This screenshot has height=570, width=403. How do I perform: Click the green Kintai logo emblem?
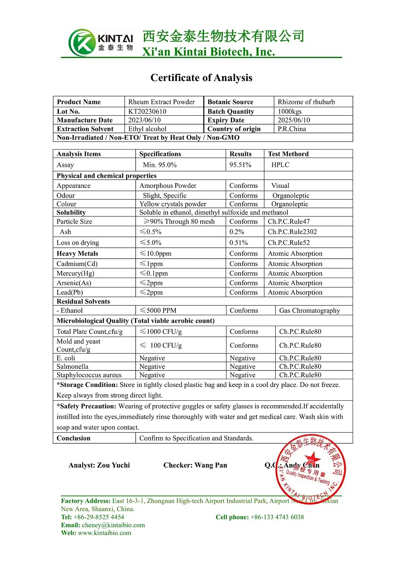tap(82, 42)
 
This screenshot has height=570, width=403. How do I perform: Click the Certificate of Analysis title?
tap(201, 78)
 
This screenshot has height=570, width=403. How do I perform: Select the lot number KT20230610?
tap(147, 111)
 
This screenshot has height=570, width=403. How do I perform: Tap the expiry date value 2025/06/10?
tap(294, 120)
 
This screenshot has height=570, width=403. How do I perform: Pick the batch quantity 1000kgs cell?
tap(289, 111)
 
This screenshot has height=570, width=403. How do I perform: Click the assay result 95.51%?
tap(240, 165)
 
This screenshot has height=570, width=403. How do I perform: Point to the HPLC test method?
tap(280, 165)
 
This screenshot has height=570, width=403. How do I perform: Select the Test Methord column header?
tap(288, 154)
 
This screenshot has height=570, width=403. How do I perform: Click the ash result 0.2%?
tap(237, 232)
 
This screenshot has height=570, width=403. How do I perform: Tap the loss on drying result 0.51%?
tap(239, 243)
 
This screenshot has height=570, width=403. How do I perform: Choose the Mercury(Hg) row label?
tap(75, 273)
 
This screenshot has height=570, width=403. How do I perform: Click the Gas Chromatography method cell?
tap(310, 310)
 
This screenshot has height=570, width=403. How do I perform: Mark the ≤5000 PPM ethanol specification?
tap(158, 310)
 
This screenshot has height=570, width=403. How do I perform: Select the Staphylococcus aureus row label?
tap(89, 375)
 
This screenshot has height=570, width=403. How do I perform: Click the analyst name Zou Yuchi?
tap(114, 465)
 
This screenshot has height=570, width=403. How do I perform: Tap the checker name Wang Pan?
tap(211, 465)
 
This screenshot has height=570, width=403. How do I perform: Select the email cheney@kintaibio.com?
tap(113, 525)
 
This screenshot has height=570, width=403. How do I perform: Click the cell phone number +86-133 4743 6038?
tap(277, 517)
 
